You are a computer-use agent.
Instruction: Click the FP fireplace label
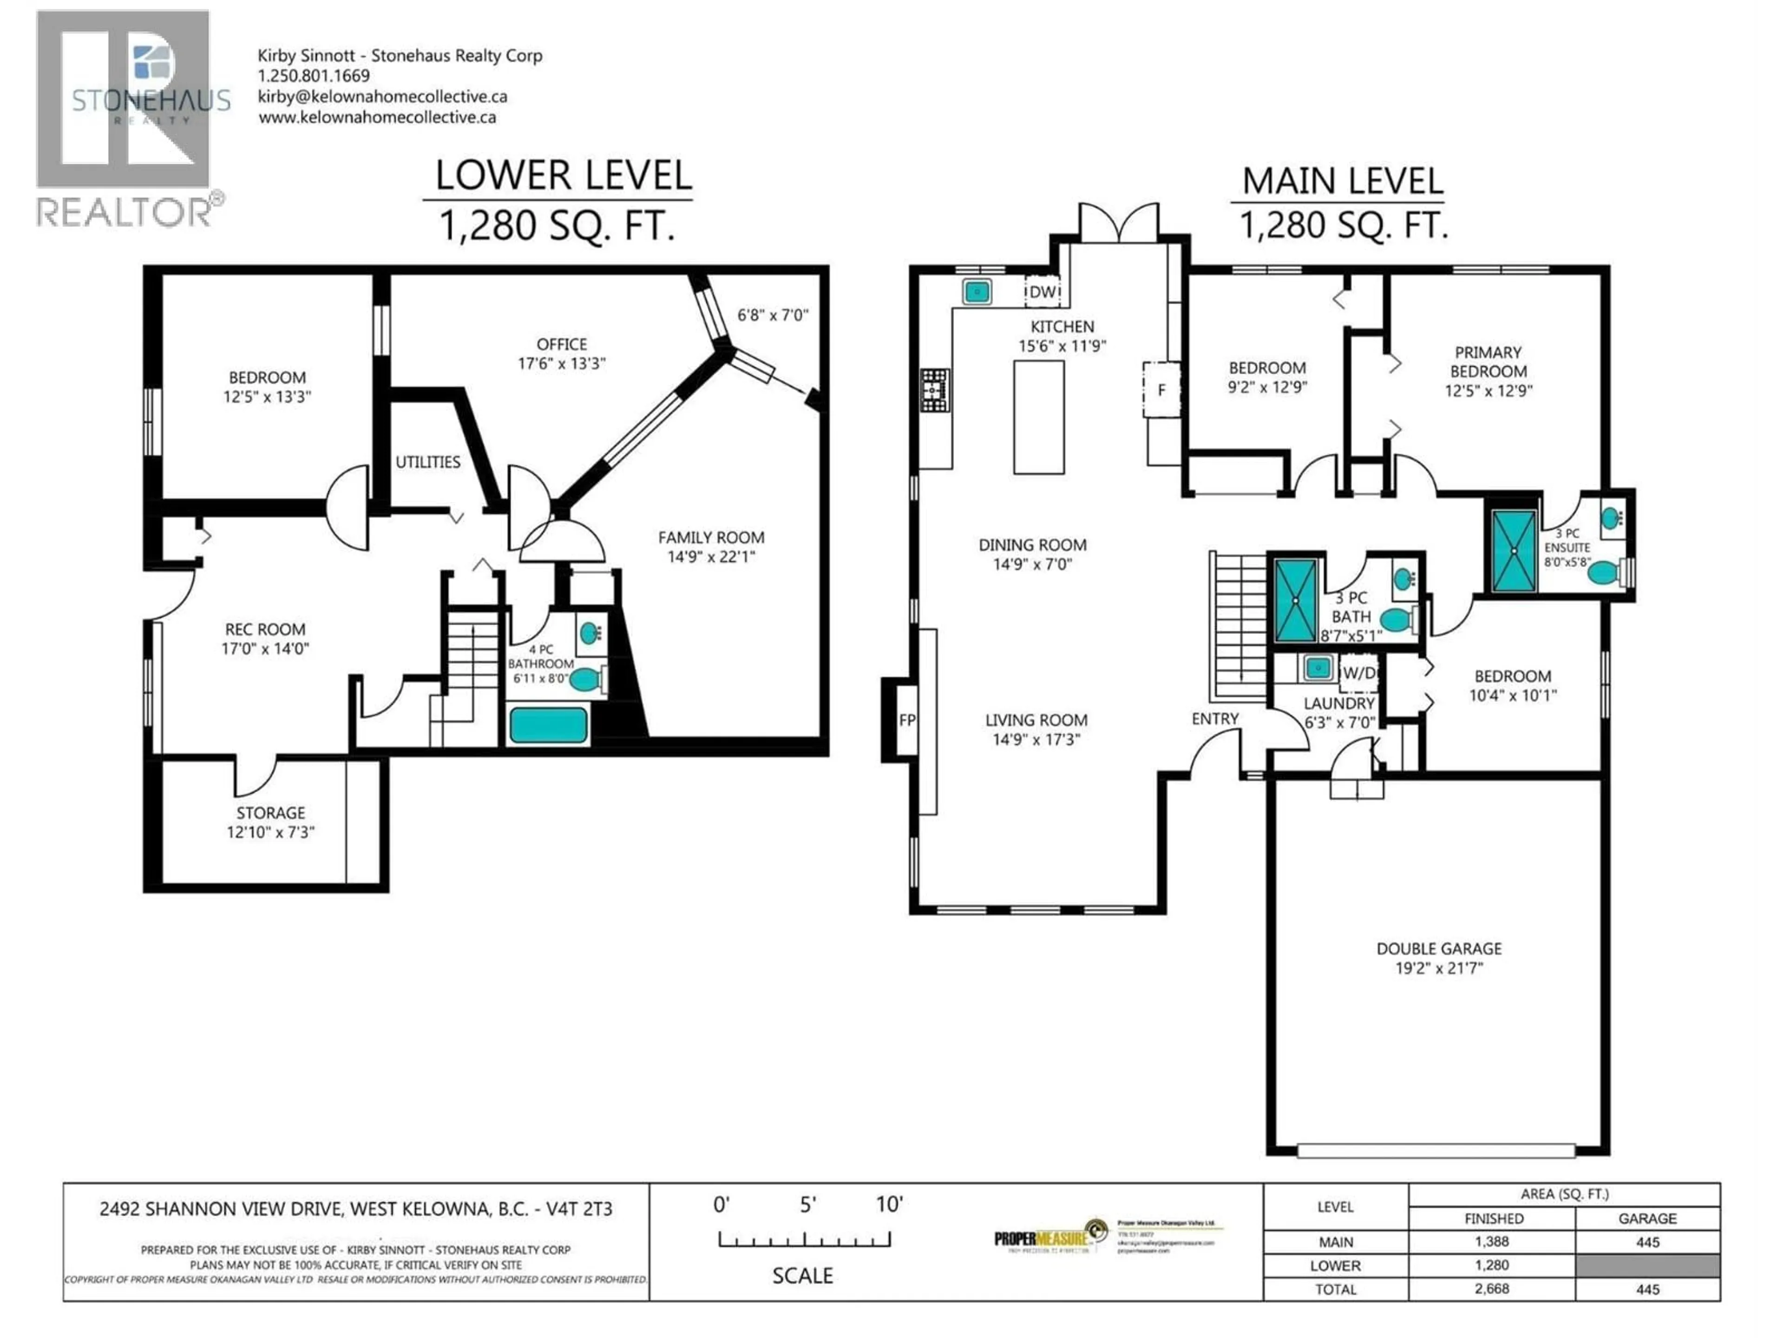(906, 719)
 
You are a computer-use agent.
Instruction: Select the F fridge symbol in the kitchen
(1161, 389)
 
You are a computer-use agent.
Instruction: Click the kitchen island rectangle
(1039, 417)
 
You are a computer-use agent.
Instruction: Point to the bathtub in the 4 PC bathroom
(548, 725)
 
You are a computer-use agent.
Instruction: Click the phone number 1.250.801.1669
(314, 76)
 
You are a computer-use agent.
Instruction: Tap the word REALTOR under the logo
(123, 213)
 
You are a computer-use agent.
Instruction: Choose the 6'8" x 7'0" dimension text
(773, 315)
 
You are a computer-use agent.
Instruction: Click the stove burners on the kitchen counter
(936, 390)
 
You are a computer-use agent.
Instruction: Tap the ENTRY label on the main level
(1214, 719)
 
